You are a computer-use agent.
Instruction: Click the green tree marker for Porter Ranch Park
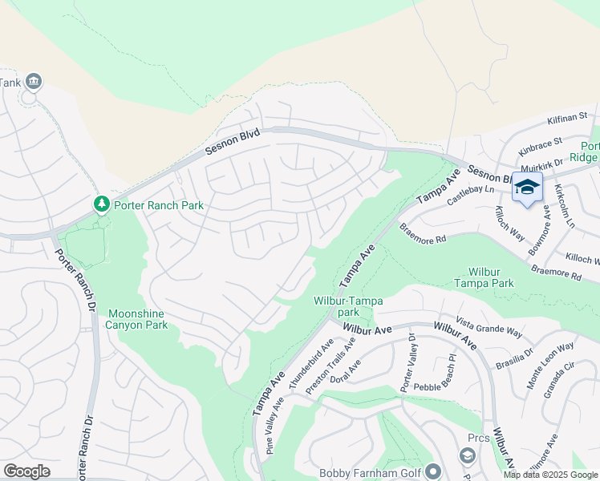point(102,205)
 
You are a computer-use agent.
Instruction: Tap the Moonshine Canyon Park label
point(138,319)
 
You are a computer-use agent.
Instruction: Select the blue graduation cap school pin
point(527,188)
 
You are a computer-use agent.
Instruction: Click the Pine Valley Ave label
point(275,430)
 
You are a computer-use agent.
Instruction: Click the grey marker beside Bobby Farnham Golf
point(434,471)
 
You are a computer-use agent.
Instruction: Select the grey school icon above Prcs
point(468,455)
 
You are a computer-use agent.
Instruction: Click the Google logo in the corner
point(26,471)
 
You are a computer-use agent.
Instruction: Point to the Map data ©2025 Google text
point(551,475)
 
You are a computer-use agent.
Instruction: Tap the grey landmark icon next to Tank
point(34,81)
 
